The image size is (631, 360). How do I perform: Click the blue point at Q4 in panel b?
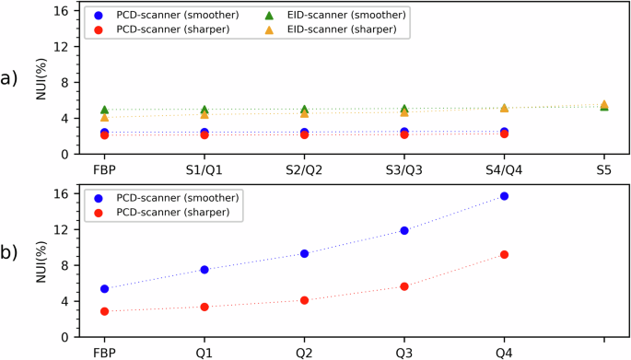pos(504,196)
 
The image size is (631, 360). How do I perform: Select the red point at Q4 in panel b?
pos(504,254)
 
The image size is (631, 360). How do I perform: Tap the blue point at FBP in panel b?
pos(105,289)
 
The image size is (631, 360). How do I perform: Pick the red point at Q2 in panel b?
pos(304,300)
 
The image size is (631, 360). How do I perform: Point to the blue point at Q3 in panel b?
pos(404,230)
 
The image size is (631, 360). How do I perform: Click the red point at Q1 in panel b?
pos(204,307)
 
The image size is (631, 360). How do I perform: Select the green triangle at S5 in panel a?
pos(604,107)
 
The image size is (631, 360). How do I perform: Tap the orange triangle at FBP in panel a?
pos(105,117)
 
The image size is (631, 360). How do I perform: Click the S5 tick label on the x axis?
pos(604,169)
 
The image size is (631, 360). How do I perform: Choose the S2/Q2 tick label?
pos(304,169)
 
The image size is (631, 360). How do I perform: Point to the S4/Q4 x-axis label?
pos(504,169)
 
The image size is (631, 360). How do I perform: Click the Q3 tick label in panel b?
pos(404,352)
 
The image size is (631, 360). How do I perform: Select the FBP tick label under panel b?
pos(105,352)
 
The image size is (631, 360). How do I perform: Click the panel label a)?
pos(13,78)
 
